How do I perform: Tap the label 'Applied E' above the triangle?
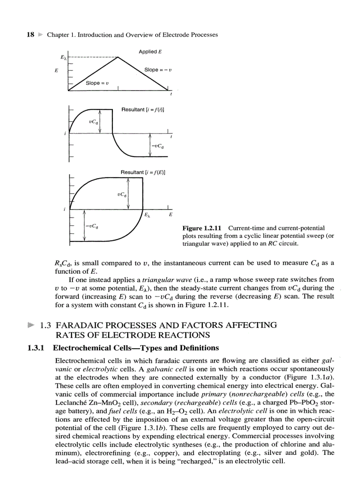150,52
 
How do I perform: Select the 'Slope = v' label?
97,83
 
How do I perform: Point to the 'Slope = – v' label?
158,70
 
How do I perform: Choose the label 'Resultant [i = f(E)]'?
143,172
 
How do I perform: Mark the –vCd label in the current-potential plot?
92,227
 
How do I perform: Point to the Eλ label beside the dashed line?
64,57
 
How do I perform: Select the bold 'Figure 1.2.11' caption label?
202,228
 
